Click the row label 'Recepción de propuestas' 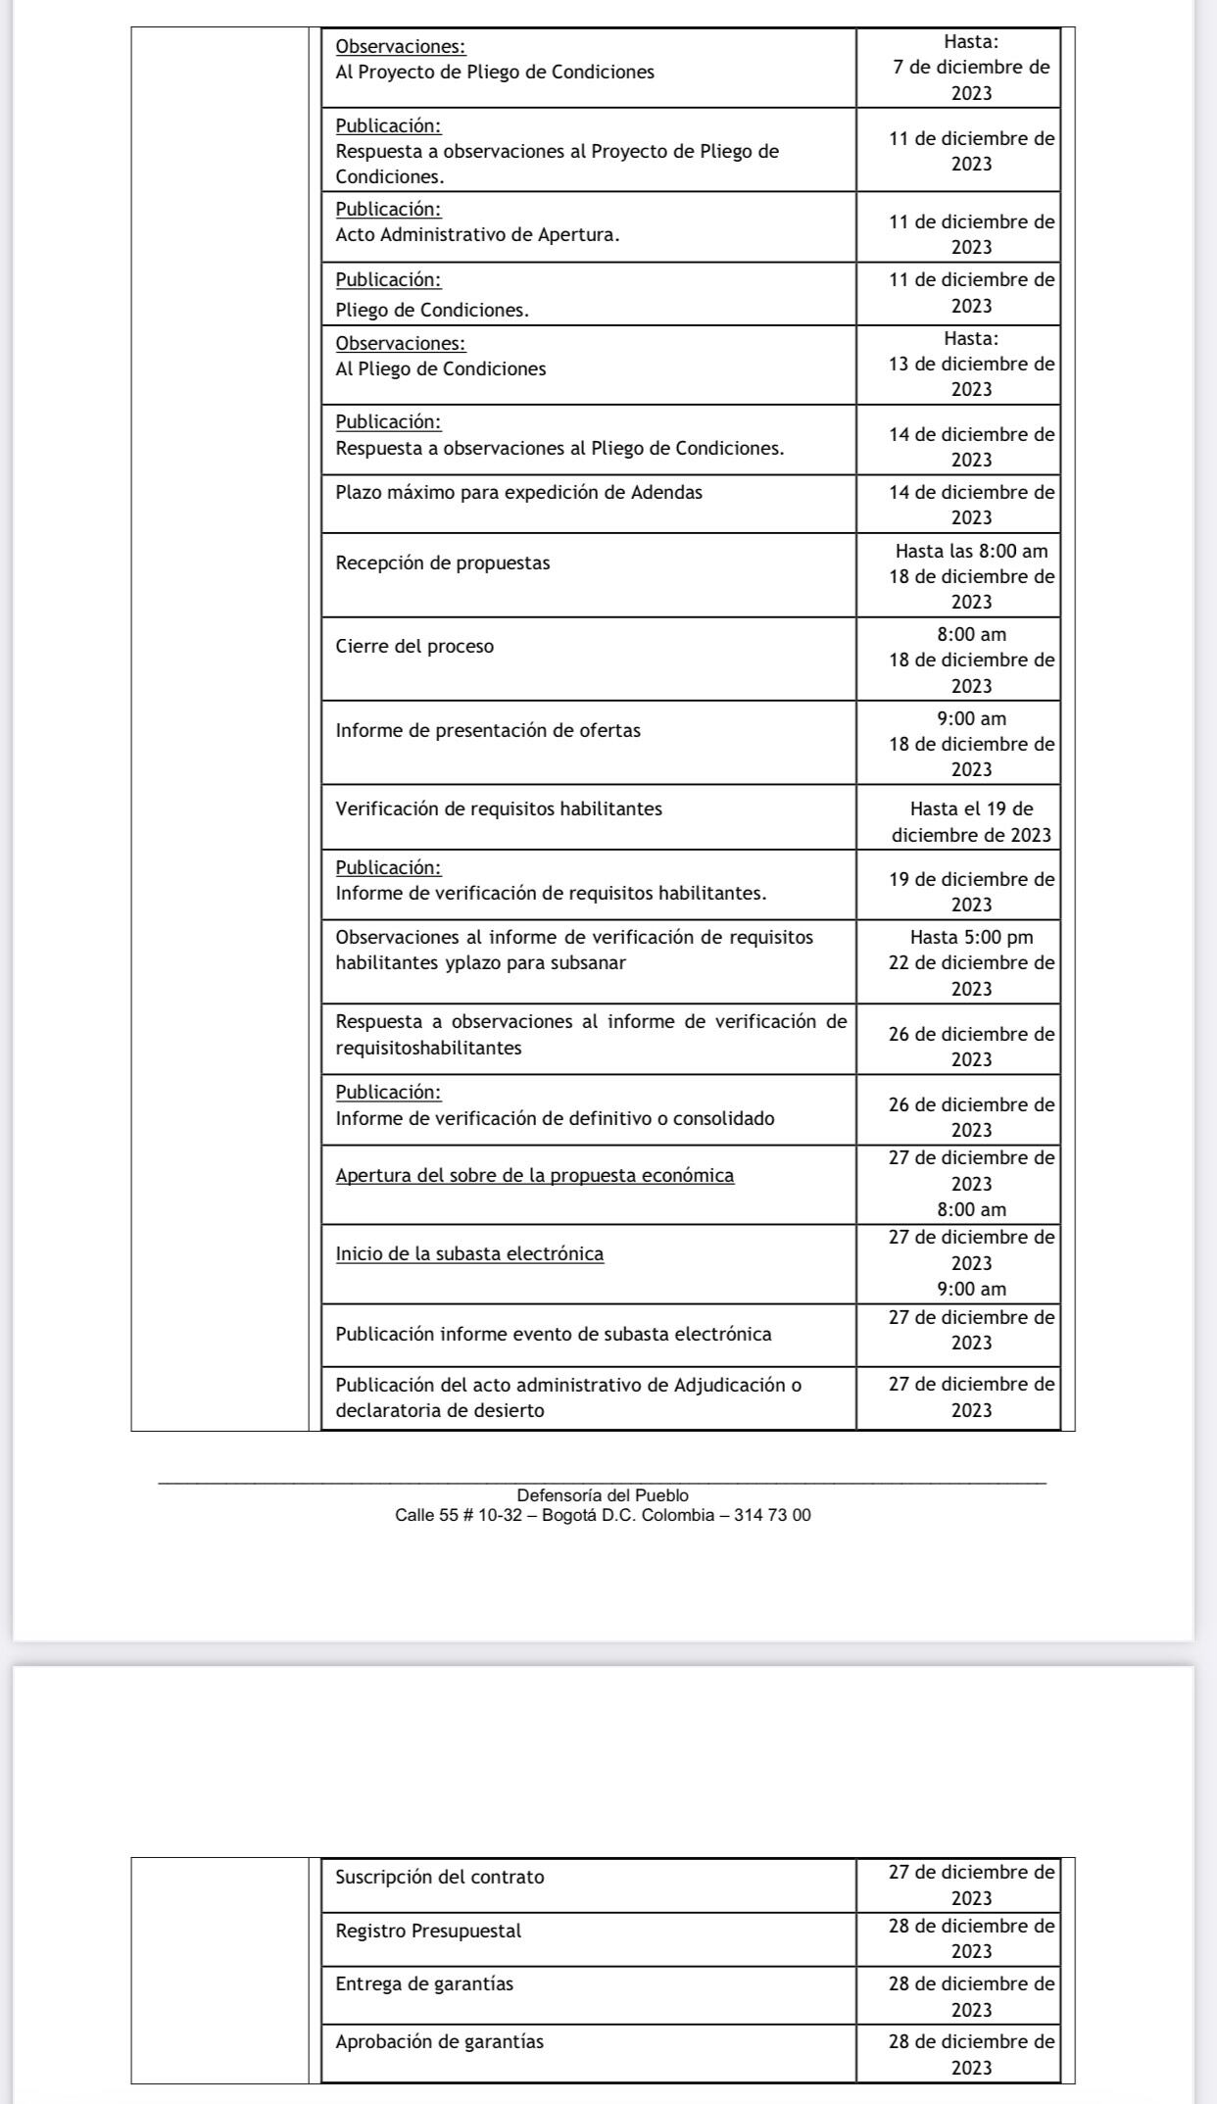coord(443,563)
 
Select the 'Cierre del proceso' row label coord(414,647)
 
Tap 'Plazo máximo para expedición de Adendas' coord(518,493)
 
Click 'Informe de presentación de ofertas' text coord(488,731)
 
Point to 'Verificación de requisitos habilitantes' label coord(499,809)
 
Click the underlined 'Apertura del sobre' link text coord(534,1176)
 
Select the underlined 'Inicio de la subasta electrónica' coord(469,1254)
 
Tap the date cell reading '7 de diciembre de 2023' coord(971,80)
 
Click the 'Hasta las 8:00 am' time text coord(971,552)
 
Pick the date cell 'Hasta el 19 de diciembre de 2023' coord(971,822)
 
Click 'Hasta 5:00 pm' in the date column coord(971,938)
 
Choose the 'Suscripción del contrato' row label coord(440,1878)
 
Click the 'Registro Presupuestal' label coord(428,1932)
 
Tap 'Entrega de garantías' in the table coord(424,1984)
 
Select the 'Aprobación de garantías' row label coord(439,2042)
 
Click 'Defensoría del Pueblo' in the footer coord(603,1495)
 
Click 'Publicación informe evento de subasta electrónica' coord(554,1335)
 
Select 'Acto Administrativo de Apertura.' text coord(477,235)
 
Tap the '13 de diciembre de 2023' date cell coord(971,376)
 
